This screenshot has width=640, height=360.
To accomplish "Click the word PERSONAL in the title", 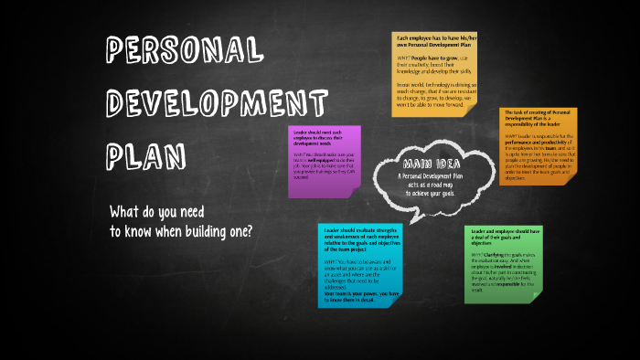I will point(181,50).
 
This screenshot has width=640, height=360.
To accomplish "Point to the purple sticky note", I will point(323,161).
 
